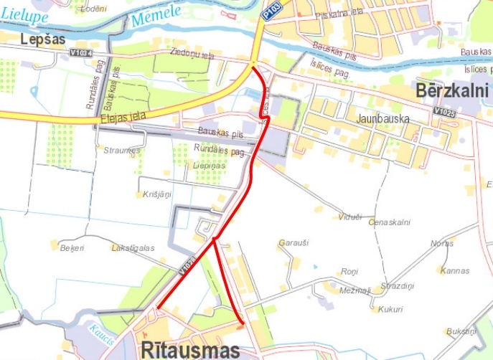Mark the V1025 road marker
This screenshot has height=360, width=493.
point(445,113)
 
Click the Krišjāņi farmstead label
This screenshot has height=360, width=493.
point(156,194)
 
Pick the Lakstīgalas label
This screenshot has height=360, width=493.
point(133,247)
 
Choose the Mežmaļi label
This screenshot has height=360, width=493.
point(355,290)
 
